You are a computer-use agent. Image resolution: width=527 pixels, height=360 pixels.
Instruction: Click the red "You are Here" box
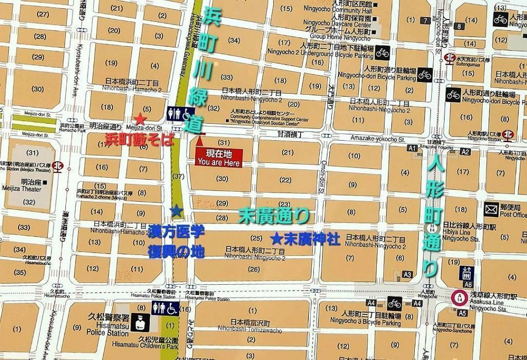tap(219, 157)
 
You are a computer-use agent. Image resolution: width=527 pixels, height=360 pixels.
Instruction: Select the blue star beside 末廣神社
tap(276, 239)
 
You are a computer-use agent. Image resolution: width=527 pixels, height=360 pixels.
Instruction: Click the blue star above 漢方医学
tap(176, 211)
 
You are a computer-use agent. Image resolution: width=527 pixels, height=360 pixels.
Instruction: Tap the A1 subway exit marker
tap(411, 148)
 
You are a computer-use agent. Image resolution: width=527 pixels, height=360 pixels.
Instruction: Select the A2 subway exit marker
tap(465, 151)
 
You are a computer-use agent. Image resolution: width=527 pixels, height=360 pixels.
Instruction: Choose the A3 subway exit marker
tap(408, 275)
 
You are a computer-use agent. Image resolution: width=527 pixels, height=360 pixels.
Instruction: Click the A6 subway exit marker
tap(468, 284)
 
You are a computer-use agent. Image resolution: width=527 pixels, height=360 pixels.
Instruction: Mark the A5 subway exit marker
tap(462, 313)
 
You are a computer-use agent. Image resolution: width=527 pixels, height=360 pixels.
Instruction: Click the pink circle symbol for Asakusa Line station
tap(458, 298)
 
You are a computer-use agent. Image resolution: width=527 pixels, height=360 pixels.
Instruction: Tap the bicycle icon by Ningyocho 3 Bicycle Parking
tap(394, 304)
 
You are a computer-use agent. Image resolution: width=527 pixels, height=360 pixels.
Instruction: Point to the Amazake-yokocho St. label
tap(378, 139)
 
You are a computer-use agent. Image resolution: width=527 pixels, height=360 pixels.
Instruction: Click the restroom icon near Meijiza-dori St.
tap(180, 113)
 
